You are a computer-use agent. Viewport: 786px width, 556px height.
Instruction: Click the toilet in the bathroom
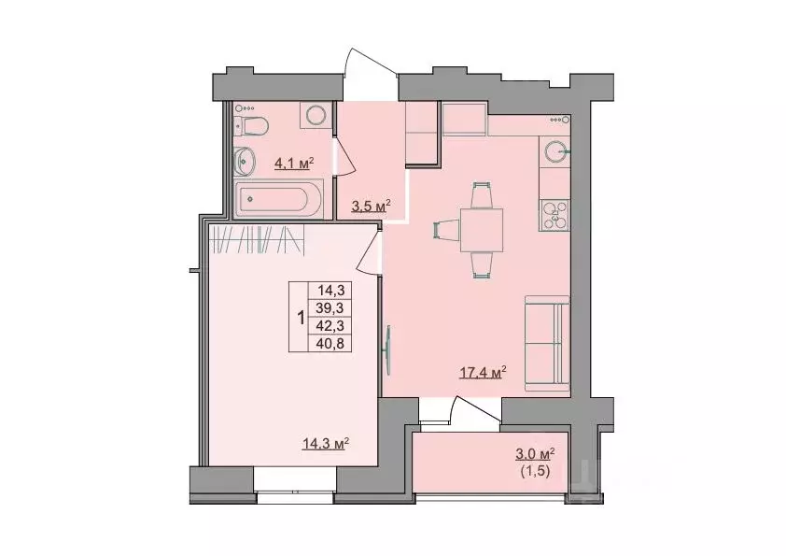pos(254,124)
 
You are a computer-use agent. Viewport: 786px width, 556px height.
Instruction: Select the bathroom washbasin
pos(246,162)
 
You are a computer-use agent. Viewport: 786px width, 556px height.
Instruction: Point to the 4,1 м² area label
pos(292,164)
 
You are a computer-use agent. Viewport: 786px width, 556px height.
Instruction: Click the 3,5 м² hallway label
pos(370,206)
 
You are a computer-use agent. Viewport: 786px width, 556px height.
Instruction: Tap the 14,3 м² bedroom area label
pos(325,444)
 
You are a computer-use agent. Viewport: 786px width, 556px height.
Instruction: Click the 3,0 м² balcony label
pos(535,454)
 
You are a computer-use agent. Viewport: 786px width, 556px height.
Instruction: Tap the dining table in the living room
pos(481,230)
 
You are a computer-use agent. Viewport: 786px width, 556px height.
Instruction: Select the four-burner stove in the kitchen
pos(556,216)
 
